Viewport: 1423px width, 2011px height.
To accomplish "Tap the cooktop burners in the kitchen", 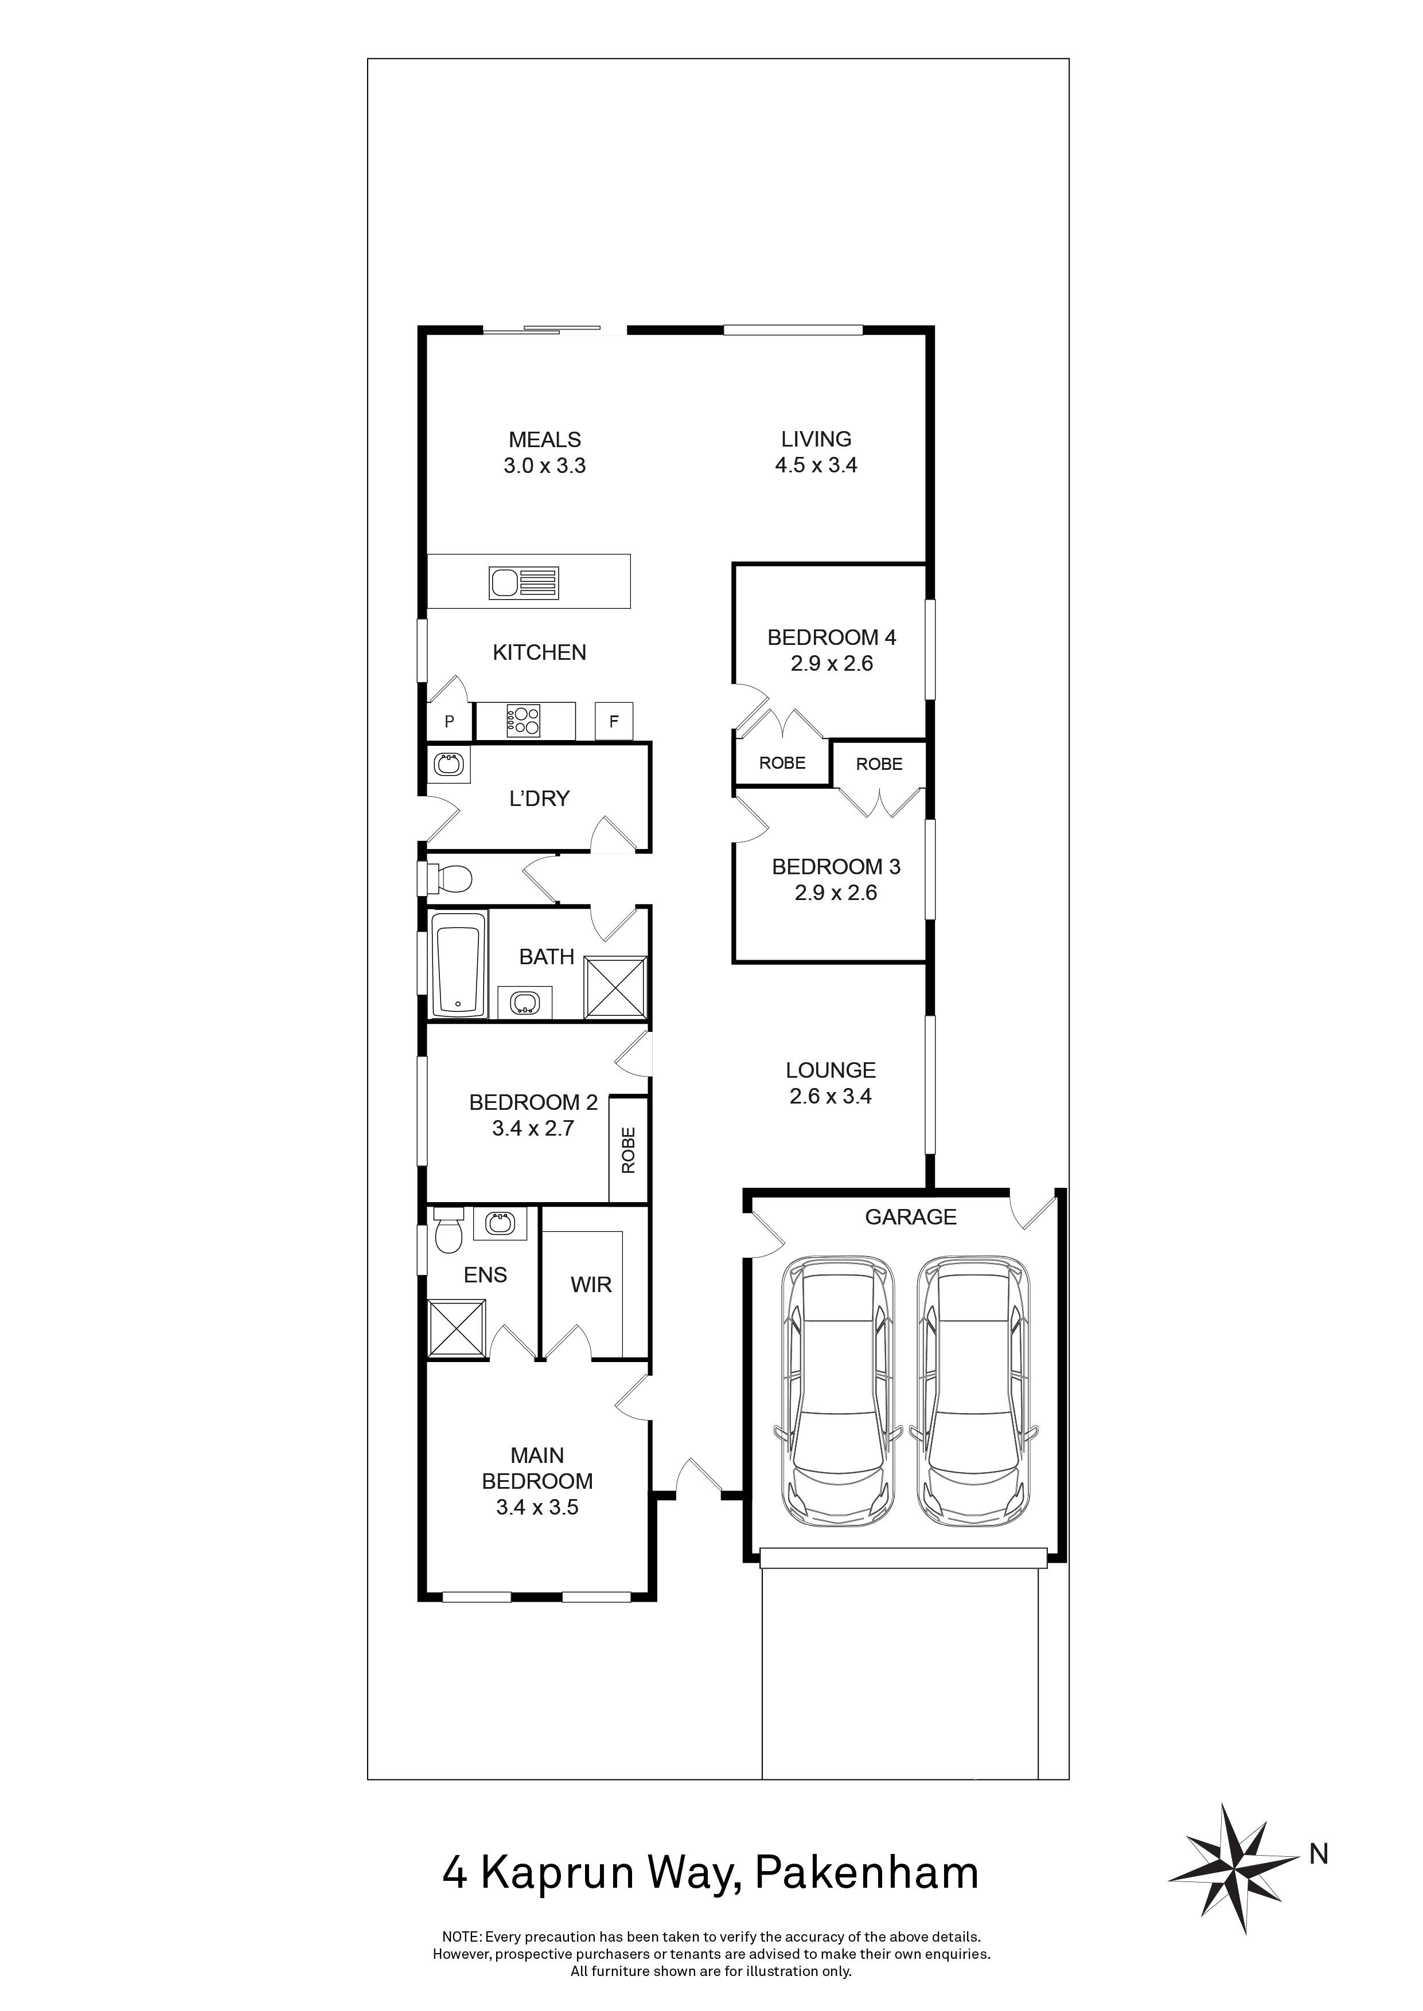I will pyautogui.click(x=523, y=721).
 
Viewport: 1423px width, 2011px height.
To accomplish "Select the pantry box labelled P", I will pyautogui.click(x=450, y=722).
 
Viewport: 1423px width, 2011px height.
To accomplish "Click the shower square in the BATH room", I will pyautogui.click(x=616, y=987).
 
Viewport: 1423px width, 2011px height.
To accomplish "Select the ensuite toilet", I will pyautogui.click(x=448, y=1233).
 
